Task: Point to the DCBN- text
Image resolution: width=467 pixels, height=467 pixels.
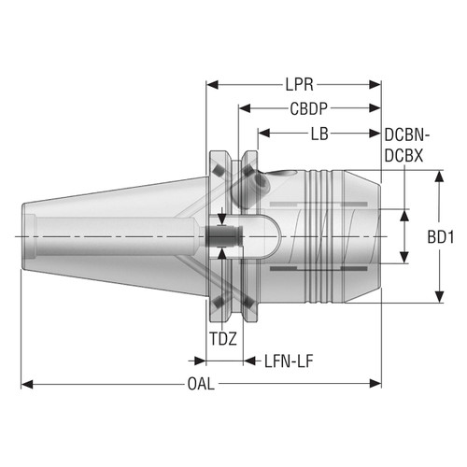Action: coord(408,135)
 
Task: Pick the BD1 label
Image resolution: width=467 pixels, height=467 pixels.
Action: coord(441,238)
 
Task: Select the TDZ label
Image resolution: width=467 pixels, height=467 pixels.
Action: coord(222,340)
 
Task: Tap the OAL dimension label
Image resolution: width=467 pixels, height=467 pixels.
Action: coord(199,384)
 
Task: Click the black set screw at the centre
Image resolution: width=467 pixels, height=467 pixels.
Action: coord(224,237)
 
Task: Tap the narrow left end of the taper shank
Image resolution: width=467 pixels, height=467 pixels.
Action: coord(25,236)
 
